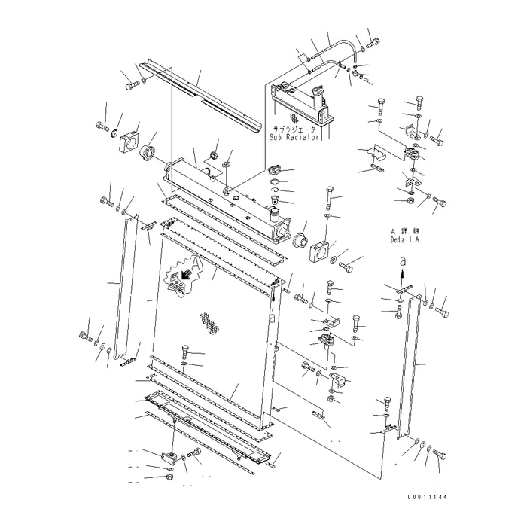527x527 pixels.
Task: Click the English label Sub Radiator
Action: [294, 138]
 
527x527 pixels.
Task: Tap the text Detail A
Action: [405, 240]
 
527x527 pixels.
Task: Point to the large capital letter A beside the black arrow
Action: [197, 263]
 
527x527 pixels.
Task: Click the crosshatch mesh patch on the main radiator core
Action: [210, 323]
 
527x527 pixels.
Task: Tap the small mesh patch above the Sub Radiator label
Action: [294, 117]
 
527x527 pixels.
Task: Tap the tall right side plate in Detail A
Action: [409, 367]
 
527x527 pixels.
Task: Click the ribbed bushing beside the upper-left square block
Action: [147, 154]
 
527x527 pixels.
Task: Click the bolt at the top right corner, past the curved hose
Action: [373, 44]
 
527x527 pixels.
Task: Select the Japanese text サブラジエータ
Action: [294, 129]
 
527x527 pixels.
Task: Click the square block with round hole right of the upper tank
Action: [320, 251]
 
